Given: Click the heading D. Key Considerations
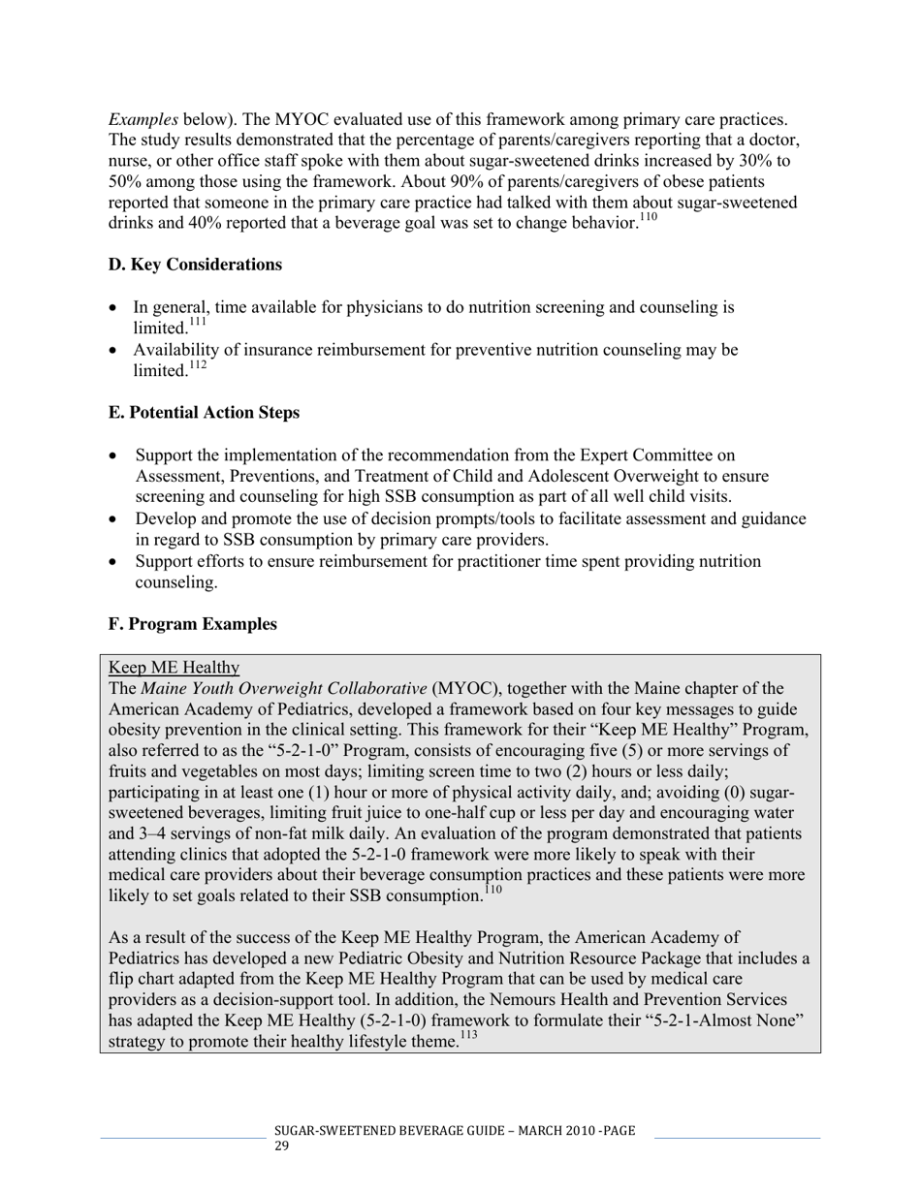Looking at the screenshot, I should point(195,265).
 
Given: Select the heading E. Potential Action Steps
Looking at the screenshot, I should point(204,412).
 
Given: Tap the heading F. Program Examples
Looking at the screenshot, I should point(192,624).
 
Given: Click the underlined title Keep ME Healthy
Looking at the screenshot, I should point(174,667).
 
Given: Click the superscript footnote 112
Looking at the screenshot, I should point(197,365).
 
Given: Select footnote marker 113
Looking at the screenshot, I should point(468,1036).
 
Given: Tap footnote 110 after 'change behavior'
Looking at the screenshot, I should point(648,218).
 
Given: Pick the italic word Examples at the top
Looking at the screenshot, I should point(143,119).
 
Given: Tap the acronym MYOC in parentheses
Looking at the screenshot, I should point(464,689).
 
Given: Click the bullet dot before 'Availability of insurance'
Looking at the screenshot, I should point(114,351).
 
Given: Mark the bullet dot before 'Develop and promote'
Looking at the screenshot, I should point(114,519).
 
